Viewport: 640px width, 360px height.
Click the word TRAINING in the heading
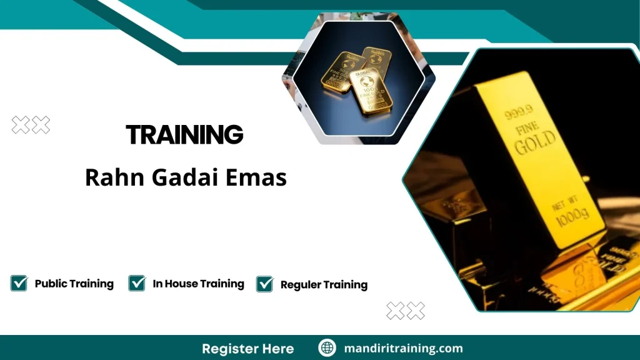(184, 134)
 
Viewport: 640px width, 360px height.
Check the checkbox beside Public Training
(19, 283)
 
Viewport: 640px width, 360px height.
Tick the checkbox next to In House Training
(137, 283)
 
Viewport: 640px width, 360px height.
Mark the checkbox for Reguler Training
(265, 284)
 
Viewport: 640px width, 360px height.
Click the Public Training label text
(74, 284)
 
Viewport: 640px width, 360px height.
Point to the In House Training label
(198, 284)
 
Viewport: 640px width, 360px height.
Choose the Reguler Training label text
(324, 285)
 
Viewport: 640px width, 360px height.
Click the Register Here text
(247, 348)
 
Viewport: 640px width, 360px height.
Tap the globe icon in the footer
(327, 348)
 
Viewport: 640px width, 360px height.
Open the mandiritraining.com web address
(403, 348)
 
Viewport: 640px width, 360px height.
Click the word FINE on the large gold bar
(527, 131)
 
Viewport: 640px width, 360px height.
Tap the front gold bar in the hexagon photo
(373, 91)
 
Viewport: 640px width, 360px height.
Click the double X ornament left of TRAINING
(31, 125)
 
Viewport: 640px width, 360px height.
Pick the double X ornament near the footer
(405, 310)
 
